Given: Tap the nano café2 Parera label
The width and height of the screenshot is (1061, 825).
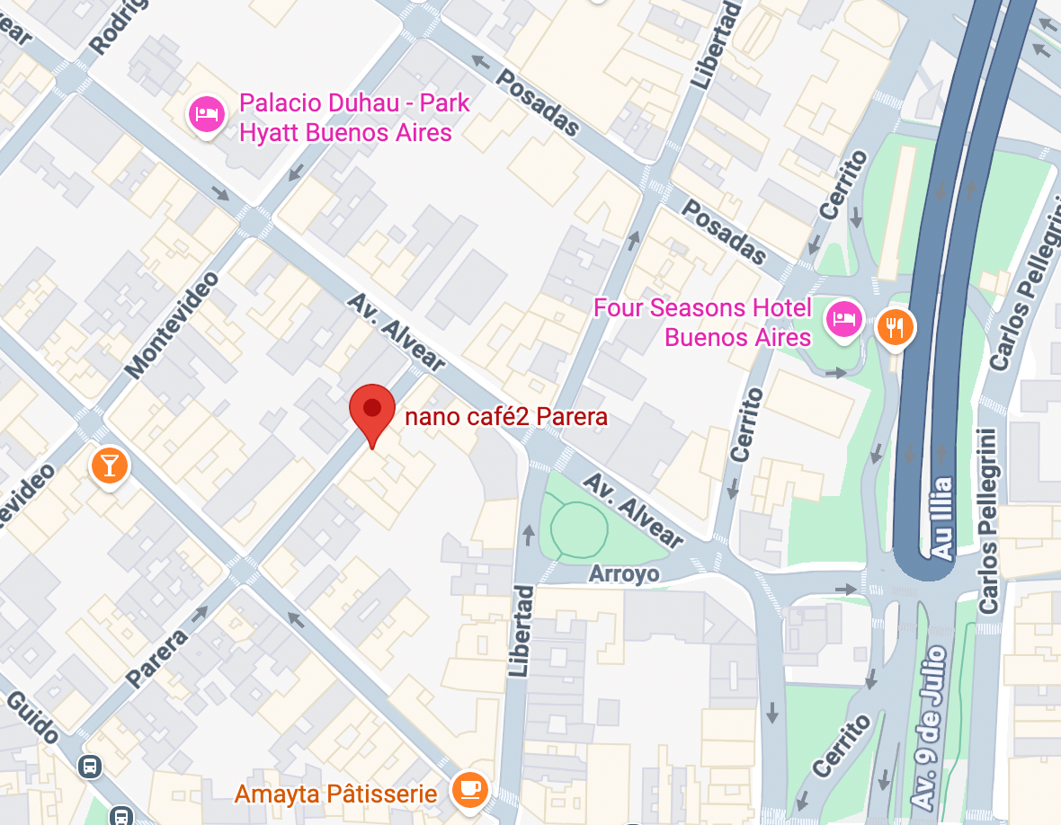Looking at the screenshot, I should (x=506, y=417).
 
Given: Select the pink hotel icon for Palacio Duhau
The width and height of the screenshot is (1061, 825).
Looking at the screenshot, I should (x=206, y=114).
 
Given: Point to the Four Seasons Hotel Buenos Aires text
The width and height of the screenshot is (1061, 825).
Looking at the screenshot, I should (x=702, y=323).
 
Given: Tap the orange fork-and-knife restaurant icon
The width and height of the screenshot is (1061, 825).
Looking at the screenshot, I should (x=895, y=326).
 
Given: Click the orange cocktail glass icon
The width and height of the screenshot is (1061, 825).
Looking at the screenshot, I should (x=110, y=466).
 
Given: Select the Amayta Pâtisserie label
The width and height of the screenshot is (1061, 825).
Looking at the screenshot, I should (x=335, y=794).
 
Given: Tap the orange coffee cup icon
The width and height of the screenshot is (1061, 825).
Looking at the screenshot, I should (x=468, y=789).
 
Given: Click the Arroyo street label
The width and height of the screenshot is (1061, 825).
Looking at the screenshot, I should (x=624, y=573).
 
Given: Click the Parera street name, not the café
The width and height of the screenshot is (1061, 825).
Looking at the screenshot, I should (x=157, y=659).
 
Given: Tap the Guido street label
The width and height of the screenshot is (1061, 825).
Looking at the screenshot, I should (x=33, y=717).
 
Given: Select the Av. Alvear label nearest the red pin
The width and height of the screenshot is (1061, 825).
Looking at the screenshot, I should (x=397, y=332).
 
